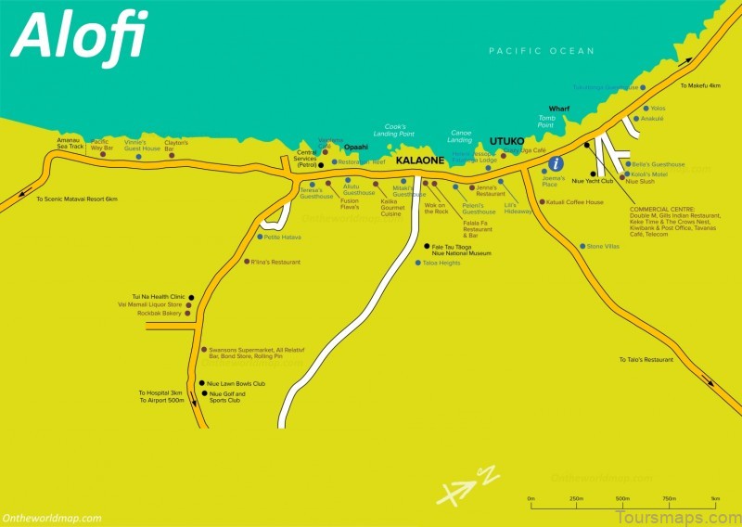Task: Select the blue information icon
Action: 556,163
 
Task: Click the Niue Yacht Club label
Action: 594,181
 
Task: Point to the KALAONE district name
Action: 420,161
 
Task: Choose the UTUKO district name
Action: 506,141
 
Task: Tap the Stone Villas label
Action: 603,246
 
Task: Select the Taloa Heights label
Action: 441,263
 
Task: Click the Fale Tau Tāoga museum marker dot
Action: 426,247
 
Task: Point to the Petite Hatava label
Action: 283,237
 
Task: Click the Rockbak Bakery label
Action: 159,314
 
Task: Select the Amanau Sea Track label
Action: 70,144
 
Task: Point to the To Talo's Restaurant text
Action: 646,359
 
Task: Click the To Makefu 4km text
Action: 699,85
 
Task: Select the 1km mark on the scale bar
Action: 715,498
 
